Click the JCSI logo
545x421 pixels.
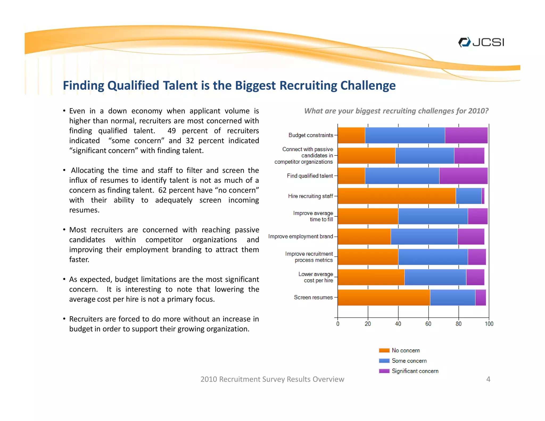pyautogui.click(x=481, y=42)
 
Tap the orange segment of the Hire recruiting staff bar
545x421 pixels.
pyautogui.click(x=397, y=196)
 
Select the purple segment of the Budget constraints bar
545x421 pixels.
pyautogui.click(x=466, y=135)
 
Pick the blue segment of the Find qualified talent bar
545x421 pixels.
pyautogui.click(x=402, y=176)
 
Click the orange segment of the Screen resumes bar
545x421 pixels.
pyautogui.click(x=384, y=298)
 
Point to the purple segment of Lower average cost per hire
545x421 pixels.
pyautogui.click(x=475, y=277)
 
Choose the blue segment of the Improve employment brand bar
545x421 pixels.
pyautogui.click(x=424, y=237)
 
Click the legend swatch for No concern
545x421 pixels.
pyautogui.click(x=384, y=350)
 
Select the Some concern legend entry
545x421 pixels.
pyautogui.click(x=409, y=361)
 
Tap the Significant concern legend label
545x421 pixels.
pyautogui.click(x=415, y=371)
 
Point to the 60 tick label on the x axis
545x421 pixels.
pyautogui.click(x=428, y=324)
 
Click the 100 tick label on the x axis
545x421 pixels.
pyautogui.click(x=489, y=324)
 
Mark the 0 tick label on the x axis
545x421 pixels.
pyautogui.click(x=338, y=324)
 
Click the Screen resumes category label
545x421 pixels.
pyautogui.click(x=313, y=297)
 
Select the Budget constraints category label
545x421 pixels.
pyautogui.click(x=311, y=135)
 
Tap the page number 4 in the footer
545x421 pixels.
pyautogui.click(x=488, y=379)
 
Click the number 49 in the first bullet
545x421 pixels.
pyautogui.click(x=172, y=131)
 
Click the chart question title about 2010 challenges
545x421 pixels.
pyautogui.click(x=396, y=111)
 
